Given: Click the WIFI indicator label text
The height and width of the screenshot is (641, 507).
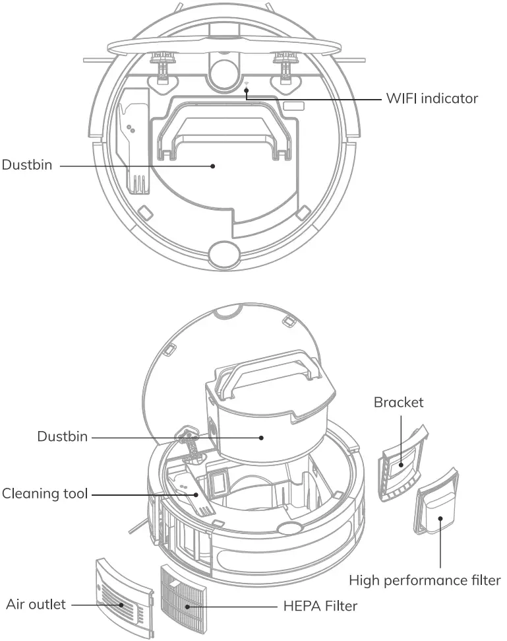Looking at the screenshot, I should pyautogui.click(x=432, y=99).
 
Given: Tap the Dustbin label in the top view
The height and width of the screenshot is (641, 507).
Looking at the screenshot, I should pyautogui.click(x=26, y=165).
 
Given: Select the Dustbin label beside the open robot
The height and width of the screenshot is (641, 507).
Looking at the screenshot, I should pyautogui.click(x=62, y=436).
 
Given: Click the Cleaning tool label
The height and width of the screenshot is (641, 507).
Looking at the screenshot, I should pyautogui.click(x=45, y=493).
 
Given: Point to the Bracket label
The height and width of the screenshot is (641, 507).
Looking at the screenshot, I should pyautogui.click(x=398, y=402).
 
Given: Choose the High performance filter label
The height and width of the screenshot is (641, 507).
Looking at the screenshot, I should pyautogui.click(x=425, y=580).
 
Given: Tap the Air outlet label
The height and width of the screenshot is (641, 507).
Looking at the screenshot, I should pyautogui.click(x=36, y=603).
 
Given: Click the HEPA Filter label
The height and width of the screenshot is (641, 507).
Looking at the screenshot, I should pyautogui.click(x=320, y=605).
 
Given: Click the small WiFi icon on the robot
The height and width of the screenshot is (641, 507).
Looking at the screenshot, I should pyautogui.click(x=247, y=84).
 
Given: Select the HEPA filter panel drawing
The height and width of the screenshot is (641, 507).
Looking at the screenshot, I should pyautogui.click(x=187, y=597).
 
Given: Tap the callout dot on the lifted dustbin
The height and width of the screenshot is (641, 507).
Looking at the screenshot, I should pyautogui.click(x=262, y=437).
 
